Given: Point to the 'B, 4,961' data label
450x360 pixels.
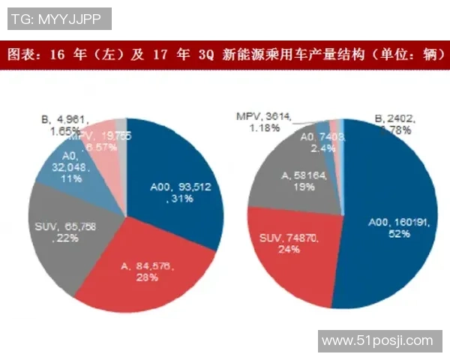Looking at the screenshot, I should pyautogui.click(x=66, y=118).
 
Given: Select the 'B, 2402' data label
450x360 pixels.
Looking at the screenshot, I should pyautogui.click(x=395, y=118).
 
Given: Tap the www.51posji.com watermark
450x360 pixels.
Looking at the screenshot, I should pyautogui.click(x=377, y=341).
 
